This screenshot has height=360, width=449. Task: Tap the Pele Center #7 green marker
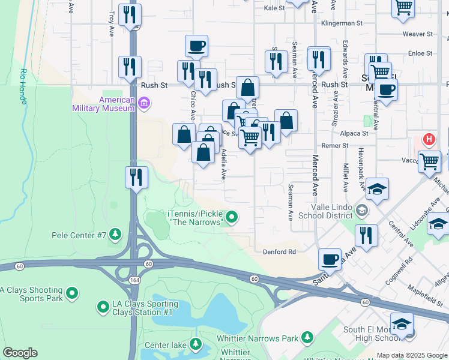coord(115,233)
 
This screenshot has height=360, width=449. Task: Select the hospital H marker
coord(429,140)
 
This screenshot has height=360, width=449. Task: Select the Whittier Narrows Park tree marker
coord(307,338)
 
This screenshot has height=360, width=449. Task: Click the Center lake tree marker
coord(195,344)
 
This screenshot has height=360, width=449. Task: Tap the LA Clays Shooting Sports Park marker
coord(72,293)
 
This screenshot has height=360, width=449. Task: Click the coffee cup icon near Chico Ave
coord(196,46)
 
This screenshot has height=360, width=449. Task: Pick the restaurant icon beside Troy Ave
coord(130,16)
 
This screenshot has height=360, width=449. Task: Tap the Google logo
coord(20,353)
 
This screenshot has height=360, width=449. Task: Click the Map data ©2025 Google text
coord(412,355)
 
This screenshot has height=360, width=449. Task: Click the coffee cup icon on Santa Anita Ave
coord(330,259)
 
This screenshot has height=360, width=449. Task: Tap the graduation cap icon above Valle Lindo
coord(377,189)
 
